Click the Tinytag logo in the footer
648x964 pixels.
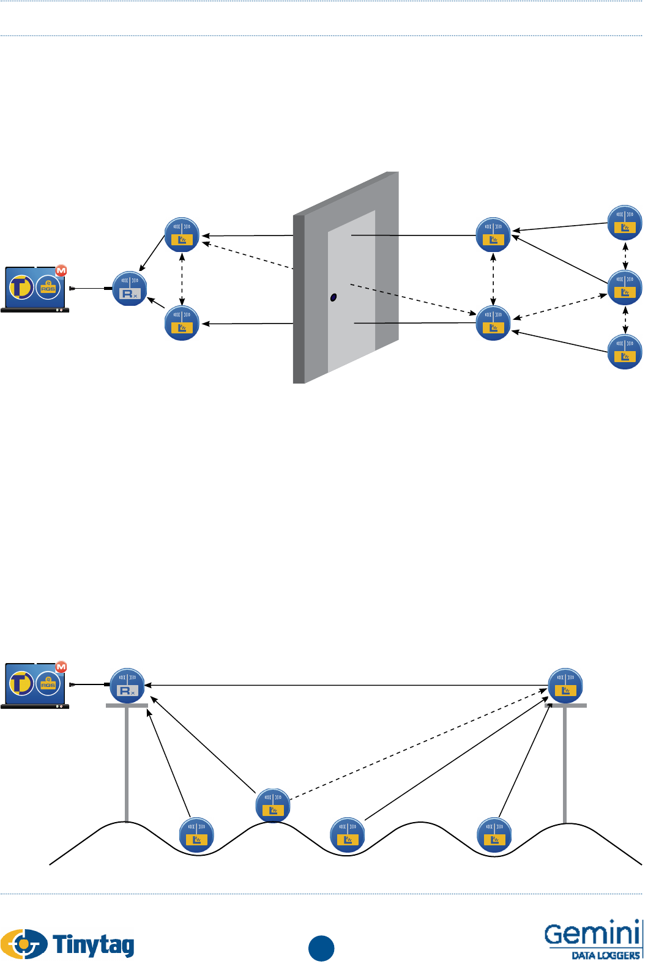[67, 944]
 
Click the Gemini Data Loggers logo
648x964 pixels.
[592, 939]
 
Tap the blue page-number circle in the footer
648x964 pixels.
[321, 948]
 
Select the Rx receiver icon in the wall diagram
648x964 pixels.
[130, 289]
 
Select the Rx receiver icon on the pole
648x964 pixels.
[127, 686]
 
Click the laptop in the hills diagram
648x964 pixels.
[35, 686]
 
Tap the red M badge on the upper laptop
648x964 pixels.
[61, 270]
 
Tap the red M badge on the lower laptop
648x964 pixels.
[61, 667]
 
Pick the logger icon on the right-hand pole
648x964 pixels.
[565, 686]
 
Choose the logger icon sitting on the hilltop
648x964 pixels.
[273, 806]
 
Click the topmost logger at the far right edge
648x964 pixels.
[625, 223]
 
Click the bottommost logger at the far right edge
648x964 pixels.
[625, 352]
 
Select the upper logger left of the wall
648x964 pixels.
[182, 235]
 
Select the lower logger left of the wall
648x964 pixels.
[182, 323]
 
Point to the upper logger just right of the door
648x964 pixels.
[493, 235]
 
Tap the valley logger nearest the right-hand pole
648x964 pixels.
[494, 835]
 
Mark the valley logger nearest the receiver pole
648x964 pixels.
[196, 835]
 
